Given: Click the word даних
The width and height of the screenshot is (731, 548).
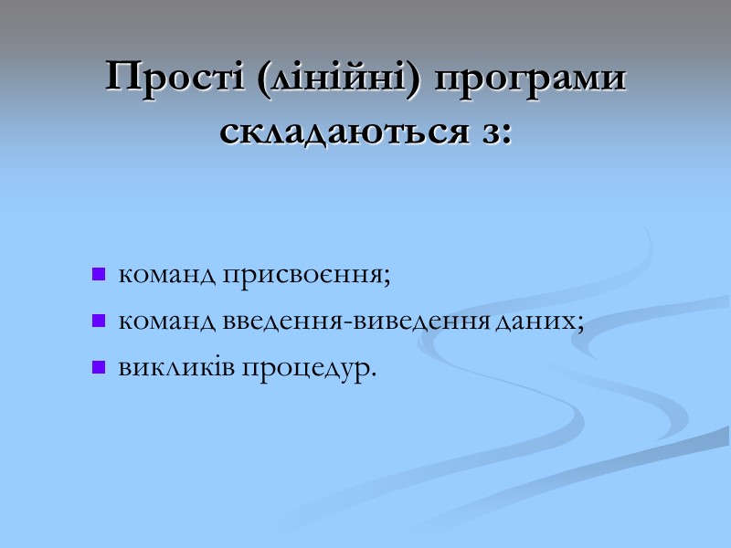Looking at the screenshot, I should pyautogui.click(x=538, y=321).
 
